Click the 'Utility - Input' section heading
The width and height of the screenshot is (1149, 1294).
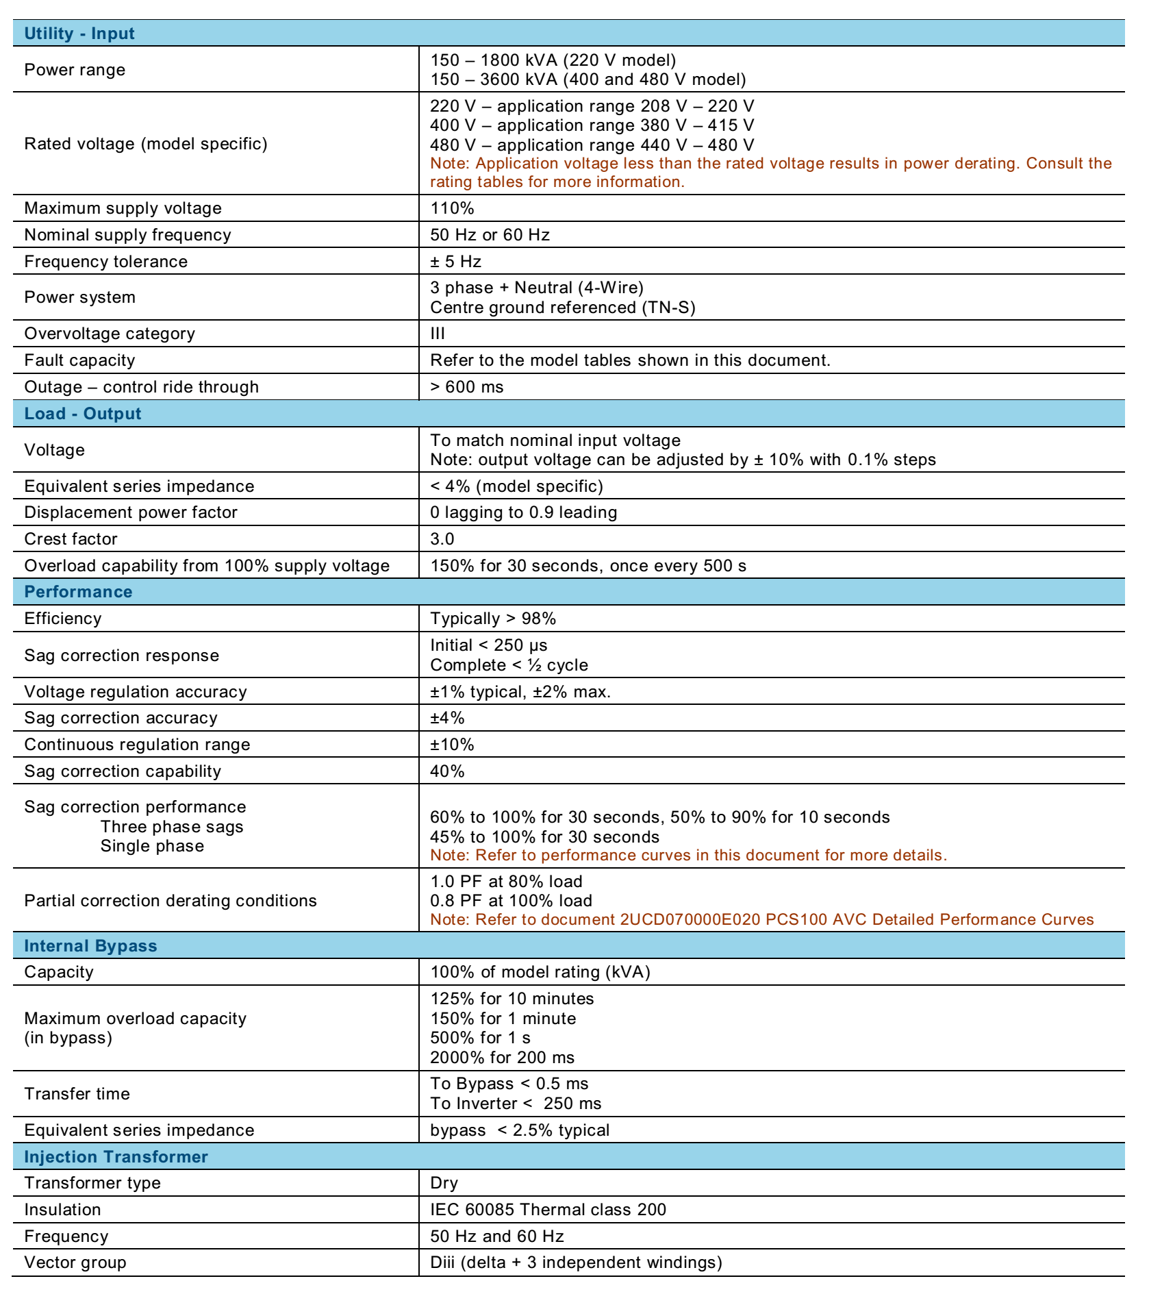coord(79,34)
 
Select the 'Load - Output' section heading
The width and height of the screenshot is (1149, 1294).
coord(83,414)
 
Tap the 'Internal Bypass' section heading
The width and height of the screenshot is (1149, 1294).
coord(90,946)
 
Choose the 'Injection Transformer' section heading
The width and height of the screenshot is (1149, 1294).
coord(116,1157)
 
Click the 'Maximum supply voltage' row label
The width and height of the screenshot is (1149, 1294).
coord(123,208)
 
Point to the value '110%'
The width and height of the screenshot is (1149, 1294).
coord(452,208)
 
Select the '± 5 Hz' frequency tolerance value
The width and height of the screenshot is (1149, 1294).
coord(455,262)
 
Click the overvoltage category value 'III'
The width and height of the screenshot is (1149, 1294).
coord(438,334)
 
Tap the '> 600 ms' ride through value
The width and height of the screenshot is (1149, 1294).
coord(466,387)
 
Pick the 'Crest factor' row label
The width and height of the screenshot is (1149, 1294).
coord(71,539)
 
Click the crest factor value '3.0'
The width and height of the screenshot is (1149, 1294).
coord(442,539)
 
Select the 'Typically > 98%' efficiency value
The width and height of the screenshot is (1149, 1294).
coord(493,619)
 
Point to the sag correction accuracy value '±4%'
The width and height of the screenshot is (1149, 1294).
coord(447,718)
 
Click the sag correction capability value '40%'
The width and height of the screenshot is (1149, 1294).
coord(447,771)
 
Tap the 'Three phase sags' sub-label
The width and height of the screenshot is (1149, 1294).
coord(172,827)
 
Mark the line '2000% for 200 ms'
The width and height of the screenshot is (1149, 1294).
coord(502,1058)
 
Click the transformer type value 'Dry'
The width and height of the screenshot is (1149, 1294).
coord(444,1183)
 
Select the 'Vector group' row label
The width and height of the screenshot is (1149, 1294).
coord(75,1262)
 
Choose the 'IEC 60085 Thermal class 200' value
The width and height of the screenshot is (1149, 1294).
coord(548,1210)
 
